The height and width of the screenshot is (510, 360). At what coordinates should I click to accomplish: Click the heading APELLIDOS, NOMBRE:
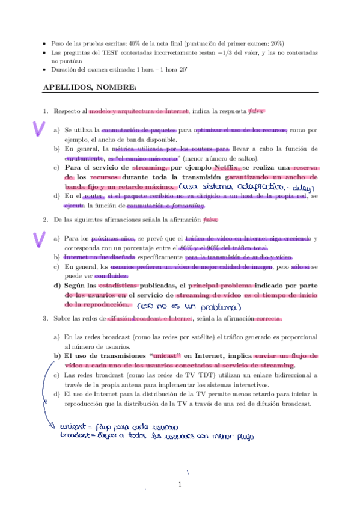(x=90, y=88)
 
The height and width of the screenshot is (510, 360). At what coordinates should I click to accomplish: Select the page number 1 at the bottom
(x=180, y=485)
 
